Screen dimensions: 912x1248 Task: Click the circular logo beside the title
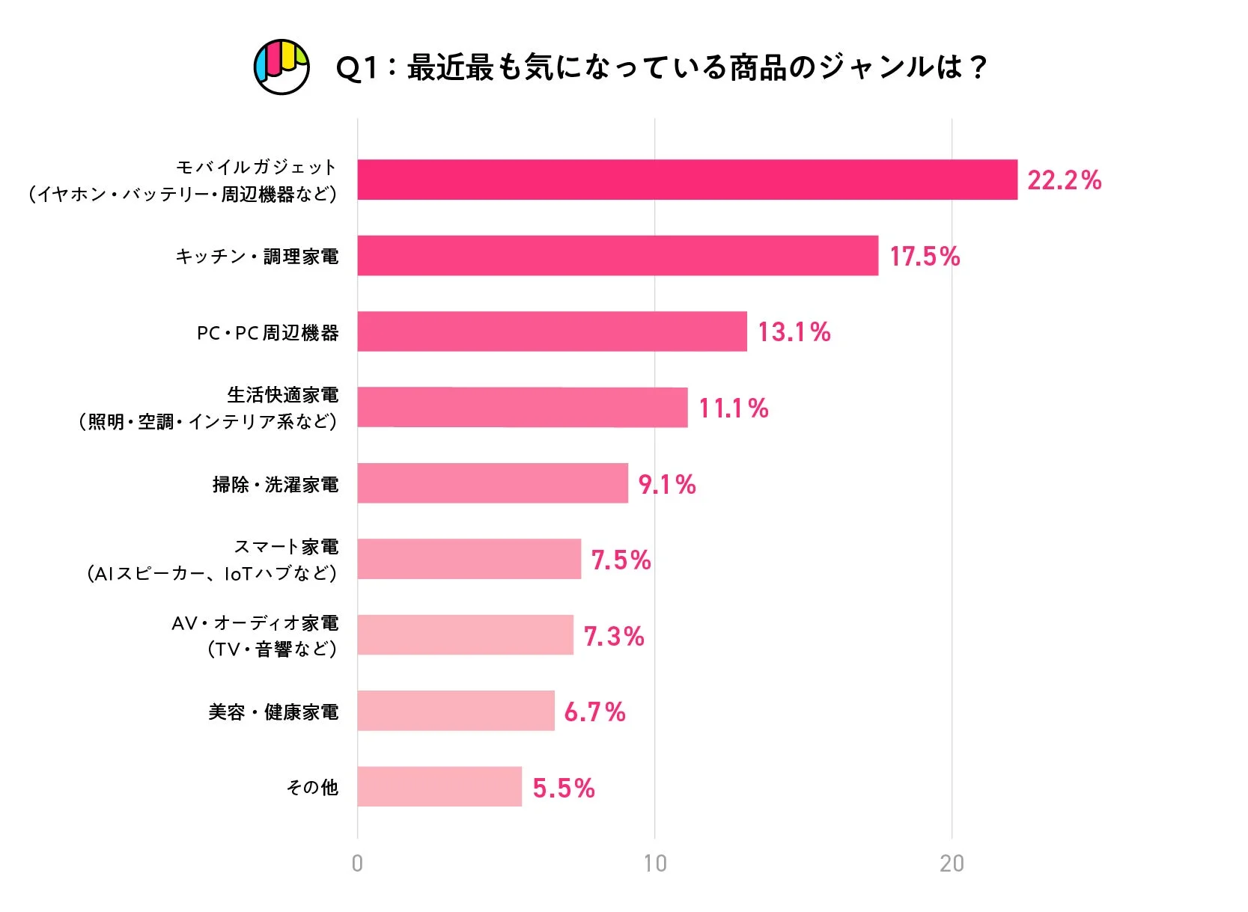tap(281, 67)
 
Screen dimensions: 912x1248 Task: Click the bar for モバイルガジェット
tap(687, 180)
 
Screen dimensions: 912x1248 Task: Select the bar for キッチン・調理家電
tap(617, 256)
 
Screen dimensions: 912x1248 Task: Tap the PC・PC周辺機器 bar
tap(552, 331)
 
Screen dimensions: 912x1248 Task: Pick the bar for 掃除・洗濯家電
tap(492, 483)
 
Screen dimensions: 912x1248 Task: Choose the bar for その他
tap(439, 786)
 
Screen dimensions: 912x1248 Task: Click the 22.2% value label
tap(1064, 180)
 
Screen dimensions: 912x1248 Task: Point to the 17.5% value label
tap(925, 257)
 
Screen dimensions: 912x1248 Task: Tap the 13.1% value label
tap(794, 332)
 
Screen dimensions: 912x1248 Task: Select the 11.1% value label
tap(733, 408)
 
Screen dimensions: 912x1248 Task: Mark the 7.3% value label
tap(613, 636)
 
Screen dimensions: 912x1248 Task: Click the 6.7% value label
tap(594, 712)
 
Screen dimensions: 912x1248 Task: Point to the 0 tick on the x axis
tap(357, 863)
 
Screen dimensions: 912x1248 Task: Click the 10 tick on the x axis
tap(654, 863)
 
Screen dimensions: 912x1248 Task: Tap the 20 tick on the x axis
tap(952, 863)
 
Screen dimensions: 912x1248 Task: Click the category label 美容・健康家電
tap(273, 712)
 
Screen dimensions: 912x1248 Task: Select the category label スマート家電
tap(286, 547)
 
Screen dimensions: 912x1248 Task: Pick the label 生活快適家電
tap(282, 394)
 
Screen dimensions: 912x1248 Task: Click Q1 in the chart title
tap(356, 68)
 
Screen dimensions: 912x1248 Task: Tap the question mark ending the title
tap(977, 68)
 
